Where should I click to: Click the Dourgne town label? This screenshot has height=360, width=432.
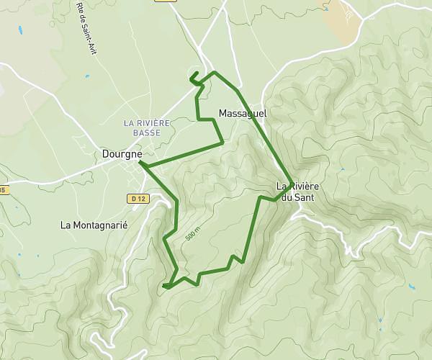click(122, 153)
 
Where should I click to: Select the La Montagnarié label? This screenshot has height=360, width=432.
click(94, 225)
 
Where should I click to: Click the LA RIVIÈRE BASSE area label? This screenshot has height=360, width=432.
click(147, 127)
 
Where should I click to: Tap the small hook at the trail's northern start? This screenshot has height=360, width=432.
click(193, 76)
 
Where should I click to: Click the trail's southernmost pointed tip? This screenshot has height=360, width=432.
click(165, 287)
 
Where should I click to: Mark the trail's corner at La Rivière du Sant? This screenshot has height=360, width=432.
click(291, 181)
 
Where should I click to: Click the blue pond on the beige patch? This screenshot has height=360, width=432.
click(325, 9)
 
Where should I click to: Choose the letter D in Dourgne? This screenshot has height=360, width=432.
click(105, 153)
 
